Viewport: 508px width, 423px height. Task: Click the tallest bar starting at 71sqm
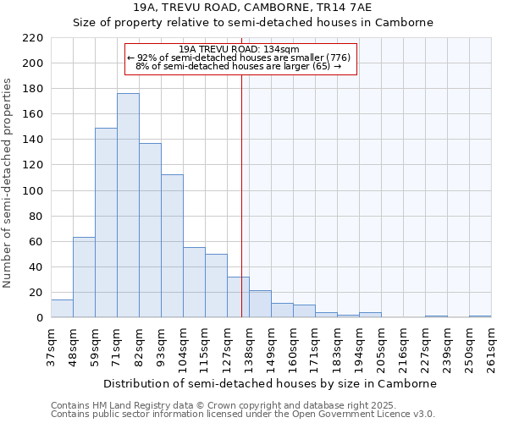tap(128, 206)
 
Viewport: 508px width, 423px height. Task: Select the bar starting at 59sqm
tap(106, 222)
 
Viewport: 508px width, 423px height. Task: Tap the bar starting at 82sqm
tap(150, 230)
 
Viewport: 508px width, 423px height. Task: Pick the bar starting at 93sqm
tap(172, 246)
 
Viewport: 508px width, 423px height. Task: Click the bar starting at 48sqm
tap(84, 277)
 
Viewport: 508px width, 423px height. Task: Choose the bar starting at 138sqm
tap(260, 304)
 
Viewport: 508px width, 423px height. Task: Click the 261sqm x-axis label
tap(491, 347)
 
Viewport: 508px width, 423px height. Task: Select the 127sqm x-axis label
tap(227, 347)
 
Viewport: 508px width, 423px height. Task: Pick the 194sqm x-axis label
tap(359, 347)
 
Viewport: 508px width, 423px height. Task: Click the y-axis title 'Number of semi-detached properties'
tap(8, 183)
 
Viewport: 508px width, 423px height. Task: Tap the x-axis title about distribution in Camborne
tap(271, 383)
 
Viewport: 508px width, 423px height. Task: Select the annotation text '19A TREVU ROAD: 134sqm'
tap(240, 49)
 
